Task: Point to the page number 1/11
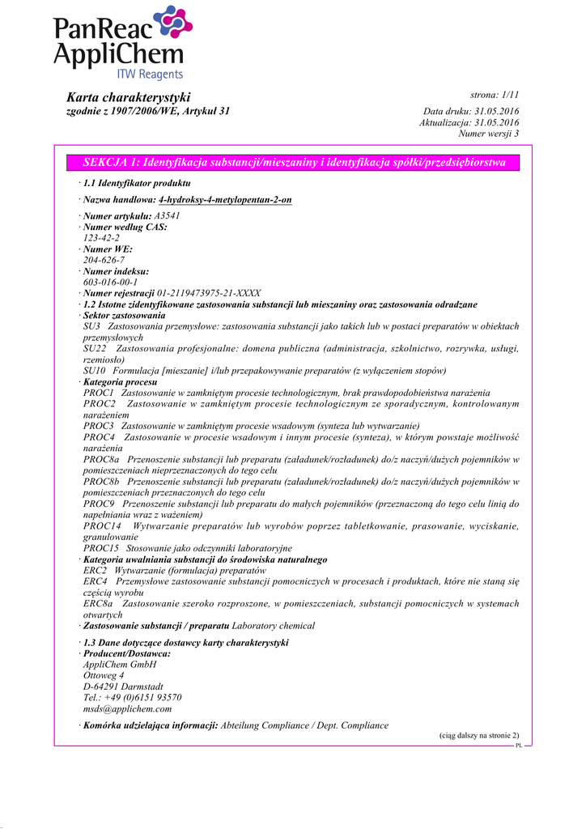[505, 96]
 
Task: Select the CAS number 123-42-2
[102, 238]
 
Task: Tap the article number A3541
[167, 216]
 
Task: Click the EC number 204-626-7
[104, 260]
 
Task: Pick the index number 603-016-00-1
[111, 282]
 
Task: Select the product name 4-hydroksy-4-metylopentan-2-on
[225, 199]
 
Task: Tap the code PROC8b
[100, 481]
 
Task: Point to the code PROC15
[99, 548]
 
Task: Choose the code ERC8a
[98, 603]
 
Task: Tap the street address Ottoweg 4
[104, 674]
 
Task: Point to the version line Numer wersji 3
[488, 134]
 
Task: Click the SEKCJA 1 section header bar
[294, 163]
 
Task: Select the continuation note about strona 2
[479, 735]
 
